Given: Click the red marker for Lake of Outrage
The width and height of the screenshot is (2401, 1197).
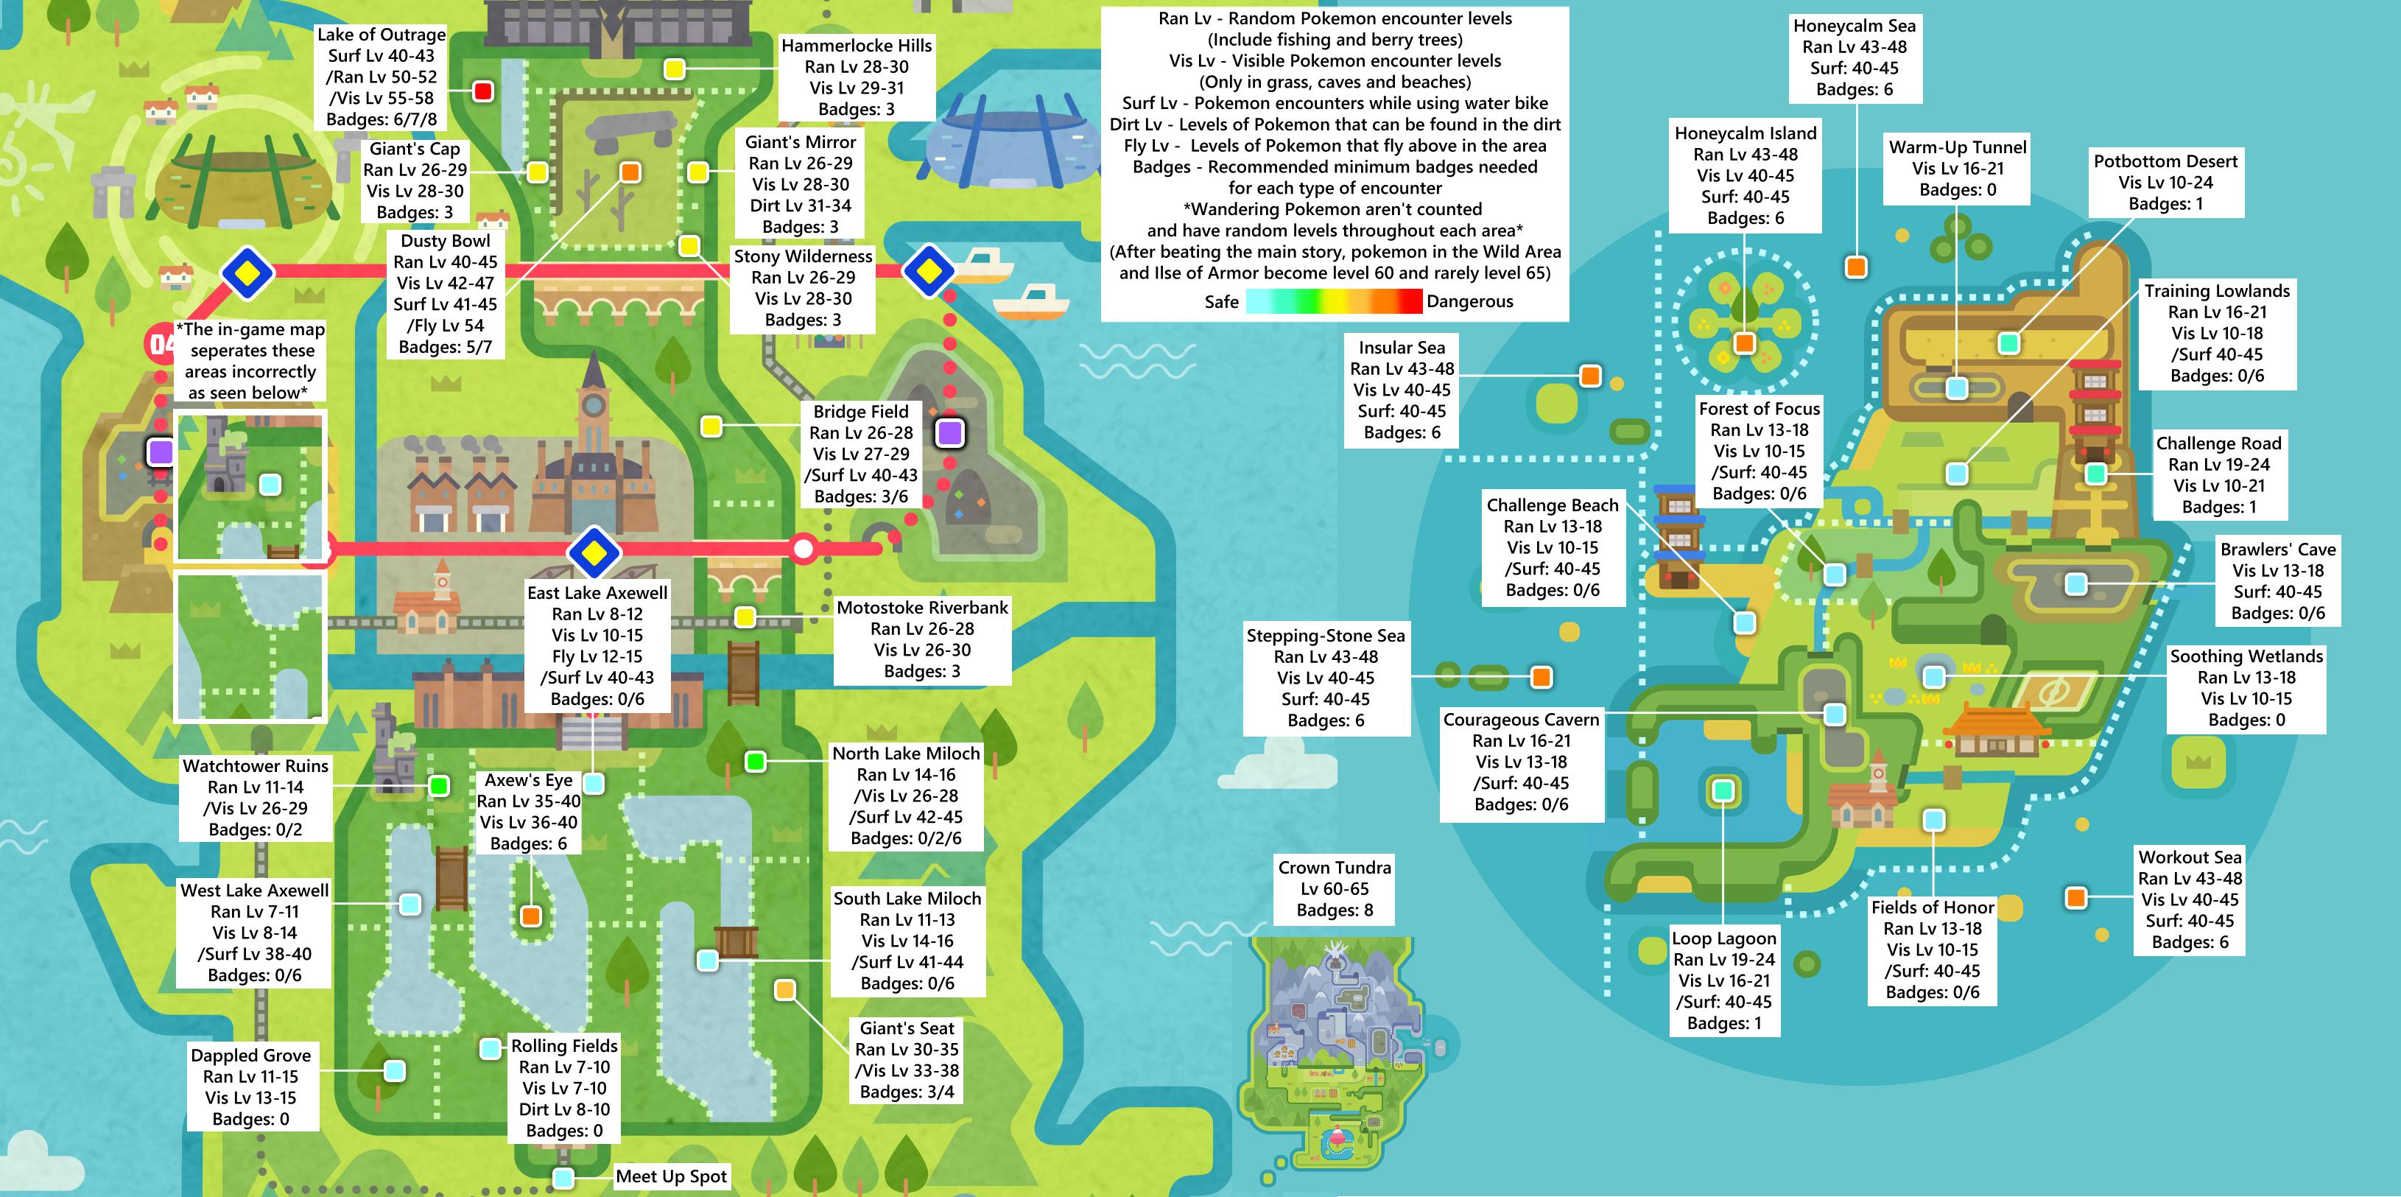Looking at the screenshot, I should [483, 91].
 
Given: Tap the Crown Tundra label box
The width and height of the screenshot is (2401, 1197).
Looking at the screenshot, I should [1335, 888].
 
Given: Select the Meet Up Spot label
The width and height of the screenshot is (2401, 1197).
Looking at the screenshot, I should [671, 1176].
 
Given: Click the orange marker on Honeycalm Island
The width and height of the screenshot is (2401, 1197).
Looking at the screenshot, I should [1744, 343].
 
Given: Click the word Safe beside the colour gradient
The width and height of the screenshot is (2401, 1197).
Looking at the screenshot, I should [1221, 301].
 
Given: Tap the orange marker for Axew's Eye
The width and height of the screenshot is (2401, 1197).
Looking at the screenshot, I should [531, 916].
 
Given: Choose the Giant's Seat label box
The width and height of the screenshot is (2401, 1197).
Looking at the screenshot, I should [907, 1060].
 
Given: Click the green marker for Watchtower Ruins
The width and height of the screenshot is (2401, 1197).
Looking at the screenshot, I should [438, 785].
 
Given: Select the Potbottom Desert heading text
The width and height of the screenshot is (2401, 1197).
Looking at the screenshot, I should [2165, 161].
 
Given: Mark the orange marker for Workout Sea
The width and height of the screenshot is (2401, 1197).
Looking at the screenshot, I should [2075, 898].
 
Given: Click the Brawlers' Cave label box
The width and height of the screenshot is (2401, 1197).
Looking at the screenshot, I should [2277, 580].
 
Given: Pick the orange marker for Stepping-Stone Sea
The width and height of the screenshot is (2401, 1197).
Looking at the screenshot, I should [1542, 677].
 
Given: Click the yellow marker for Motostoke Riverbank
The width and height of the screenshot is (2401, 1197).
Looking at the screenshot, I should [745, 617].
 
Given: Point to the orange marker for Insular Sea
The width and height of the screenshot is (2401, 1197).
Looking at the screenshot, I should [1590, 376].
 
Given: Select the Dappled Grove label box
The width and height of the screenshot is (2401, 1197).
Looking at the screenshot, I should [250, 1087].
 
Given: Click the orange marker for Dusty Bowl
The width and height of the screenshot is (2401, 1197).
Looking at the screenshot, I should [630, 172].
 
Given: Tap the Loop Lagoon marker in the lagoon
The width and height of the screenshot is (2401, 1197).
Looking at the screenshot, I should [1723, 790].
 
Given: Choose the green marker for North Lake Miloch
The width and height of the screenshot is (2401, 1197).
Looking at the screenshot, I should [756, 762].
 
